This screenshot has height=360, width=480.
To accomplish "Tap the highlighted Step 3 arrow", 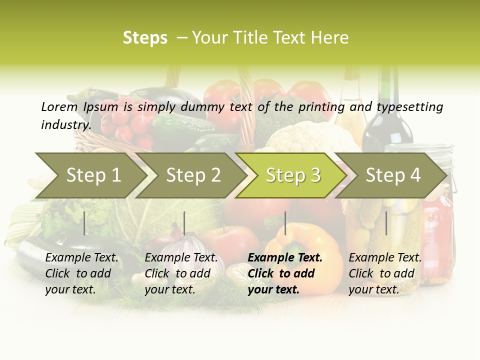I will point(293,175).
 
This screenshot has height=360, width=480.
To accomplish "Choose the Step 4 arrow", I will point(393,175).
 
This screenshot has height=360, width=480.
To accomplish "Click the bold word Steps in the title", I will point(145,38).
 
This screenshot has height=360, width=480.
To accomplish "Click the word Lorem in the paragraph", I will point(59,106).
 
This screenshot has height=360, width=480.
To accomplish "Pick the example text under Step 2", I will point(181,273).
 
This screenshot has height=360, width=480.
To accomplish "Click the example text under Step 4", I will point(385,273).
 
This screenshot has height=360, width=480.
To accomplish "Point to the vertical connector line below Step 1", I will point(84,223).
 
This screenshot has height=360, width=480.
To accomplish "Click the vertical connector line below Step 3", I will point(285,223).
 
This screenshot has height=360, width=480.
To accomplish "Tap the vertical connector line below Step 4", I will point(386,223).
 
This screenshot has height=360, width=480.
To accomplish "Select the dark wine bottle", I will point(387,115).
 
